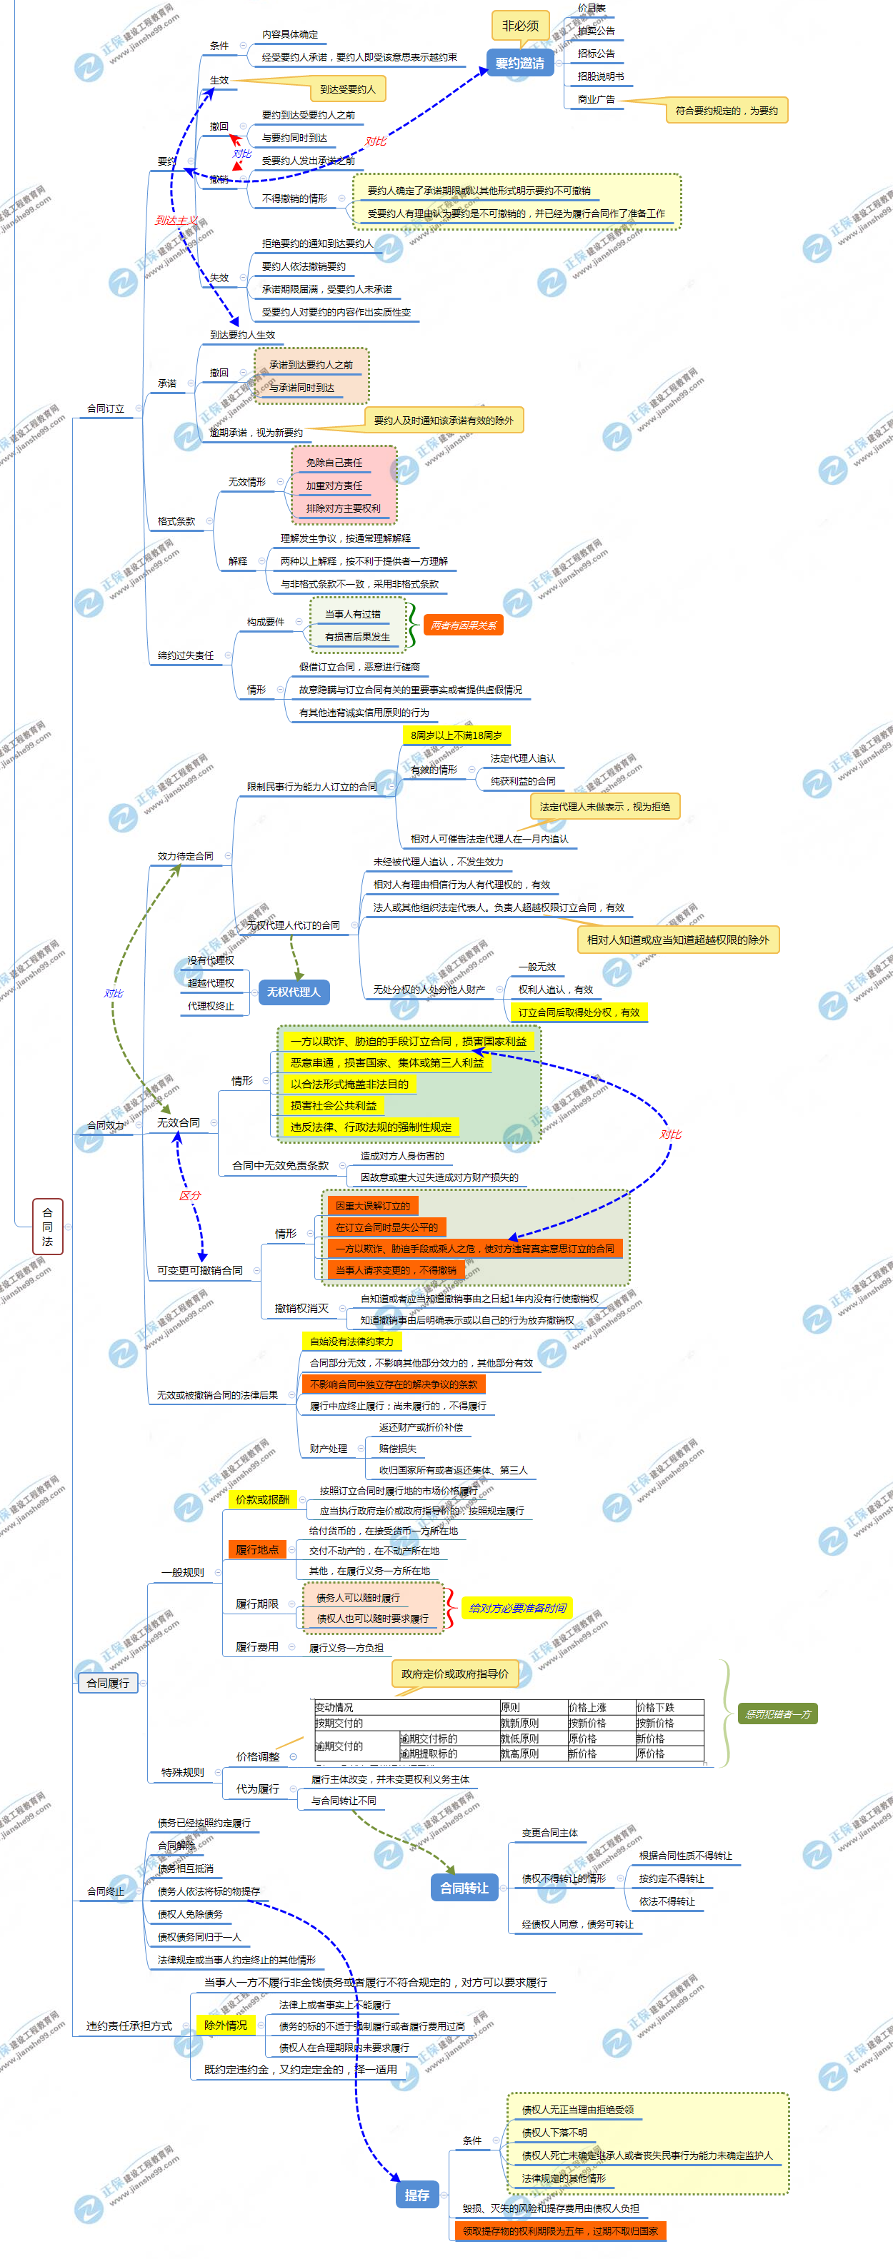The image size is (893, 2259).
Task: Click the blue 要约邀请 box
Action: click(x=519, y=63)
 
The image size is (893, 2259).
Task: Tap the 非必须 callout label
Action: click(x=520, y=26)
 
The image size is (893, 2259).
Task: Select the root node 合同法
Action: click(x=47, y=1226)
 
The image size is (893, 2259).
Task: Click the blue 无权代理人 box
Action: click(x=294, y=992)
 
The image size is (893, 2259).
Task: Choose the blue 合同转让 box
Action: click(x=464, y=1887)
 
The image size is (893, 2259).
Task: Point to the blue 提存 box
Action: click(x=416, y=2194)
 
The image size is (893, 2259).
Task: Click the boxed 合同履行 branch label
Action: click(x=108, y=1683)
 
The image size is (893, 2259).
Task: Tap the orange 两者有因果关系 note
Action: click(x=463, y=625)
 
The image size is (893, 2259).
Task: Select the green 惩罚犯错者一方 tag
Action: click(x=778, y=1714)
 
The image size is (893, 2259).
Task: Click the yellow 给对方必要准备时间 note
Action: click(x=517, y=1607)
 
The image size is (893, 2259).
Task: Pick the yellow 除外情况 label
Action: click(x=226, y=2025)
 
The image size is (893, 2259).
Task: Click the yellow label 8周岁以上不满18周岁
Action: click(x=457, y=735)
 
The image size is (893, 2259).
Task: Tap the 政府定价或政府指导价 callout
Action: click(x=454, y=1674)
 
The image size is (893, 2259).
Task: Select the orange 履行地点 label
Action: click(x=257, y=1549)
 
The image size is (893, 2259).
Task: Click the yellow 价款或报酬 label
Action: click(x=262, y=1499)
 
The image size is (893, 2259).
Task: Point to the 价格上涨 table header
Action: click(x=588, y=1706)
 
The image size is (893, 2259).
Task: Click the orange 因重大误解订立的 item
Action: click(x=373, y=1206)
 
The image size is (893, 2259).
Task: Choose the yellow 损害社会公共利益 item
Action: click(x=334, y=1105)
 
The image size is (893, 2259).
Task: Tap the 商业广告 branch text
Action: click(x=596, y=99)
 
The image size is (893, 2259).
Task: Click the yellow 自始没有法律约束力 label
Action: click(x=351, y=1341)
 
